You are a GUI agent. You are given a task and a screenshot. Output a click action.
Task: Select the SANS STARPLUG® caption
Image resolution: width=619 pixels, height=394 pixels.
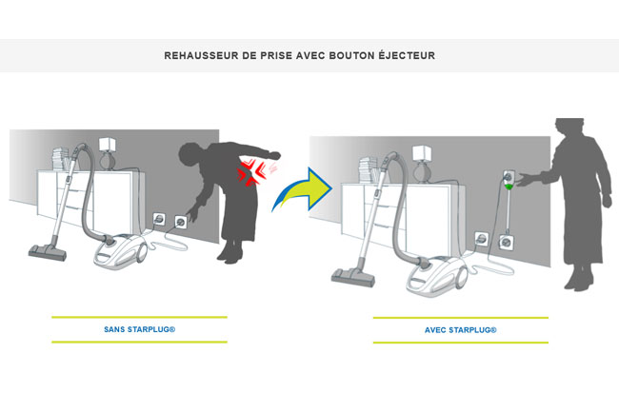[139, 329]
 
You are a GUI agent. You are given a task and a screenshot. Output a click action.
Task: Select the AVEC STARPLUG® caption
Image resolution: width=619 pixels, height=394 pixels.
[460, 329]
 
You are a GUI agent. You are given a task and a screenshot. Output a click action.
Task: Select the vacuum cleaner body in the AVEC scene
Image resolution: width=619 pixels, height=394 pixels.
[432, 276]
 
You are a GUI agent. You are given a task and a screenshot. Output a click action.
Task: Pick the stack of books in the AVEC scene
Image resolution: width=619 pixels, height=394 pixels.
[365, 167]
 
